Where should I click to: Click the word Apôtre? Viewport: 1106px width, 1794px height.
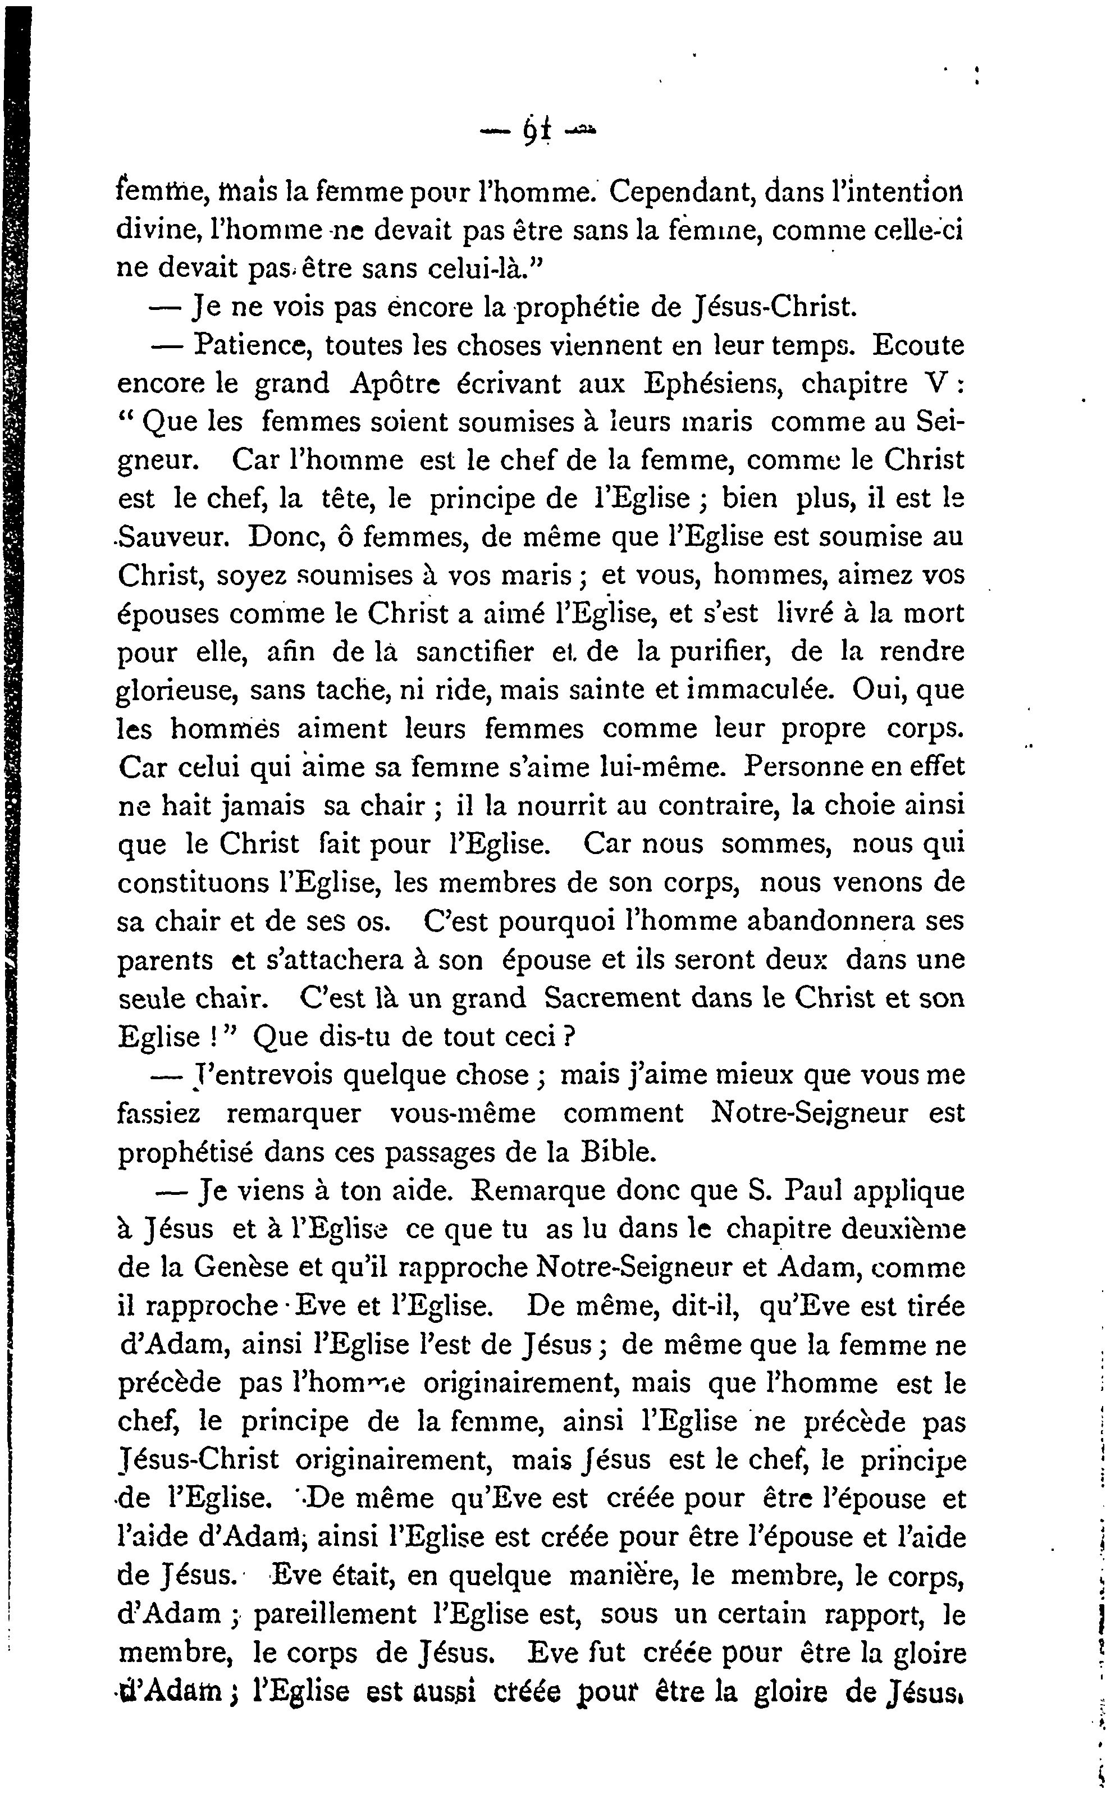tap(395, 384)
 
